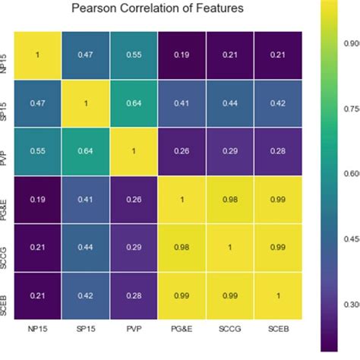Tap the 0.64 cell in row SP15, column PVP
[x=134, y=103]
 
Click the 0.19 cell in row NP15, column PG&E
[x=182, y=55]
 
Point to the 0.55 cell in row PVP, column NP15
[x=38, y=151]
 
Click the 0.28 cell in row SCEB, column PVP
[x=134, y=295]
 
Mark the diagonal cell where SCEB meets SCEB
[x=278, y=295]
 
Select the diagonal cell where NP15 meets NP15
[x=38, y=55]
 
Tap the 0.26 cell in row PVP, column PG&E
[x=182, y=151]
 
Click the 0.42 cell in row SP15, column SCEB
[x=278, y=103]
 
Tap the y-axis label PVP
[x=6, y=151]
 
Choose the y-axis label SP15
[x=6, y=103]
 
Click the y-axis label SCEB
[x=6, y=295]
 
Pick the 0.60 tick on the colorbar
[x=352, y=174]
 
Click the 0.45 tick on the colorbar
[x=352, y=239]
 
